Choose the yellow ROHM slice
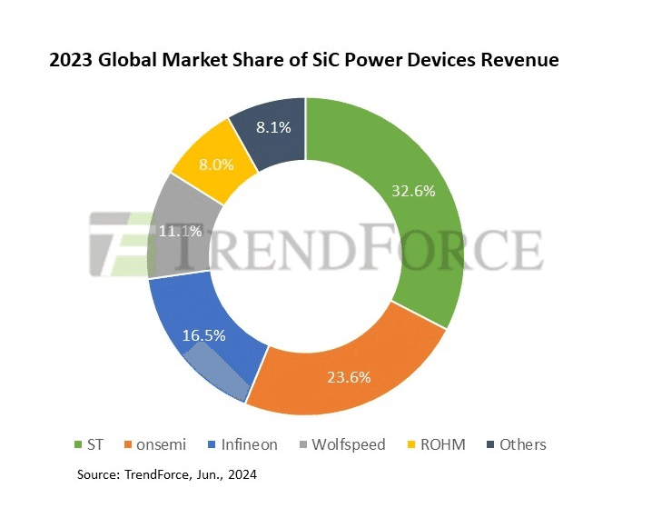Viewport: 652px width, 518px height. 204,159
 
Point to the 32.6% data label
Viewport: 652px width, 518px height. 412,191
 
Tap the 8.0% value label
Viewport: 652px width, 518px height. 215,165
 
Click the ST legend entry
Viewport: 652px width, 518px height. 88,444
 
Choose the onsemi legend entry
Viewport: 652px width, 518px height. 153,444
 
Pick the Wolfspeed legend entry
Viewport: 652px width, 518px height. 341,444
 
